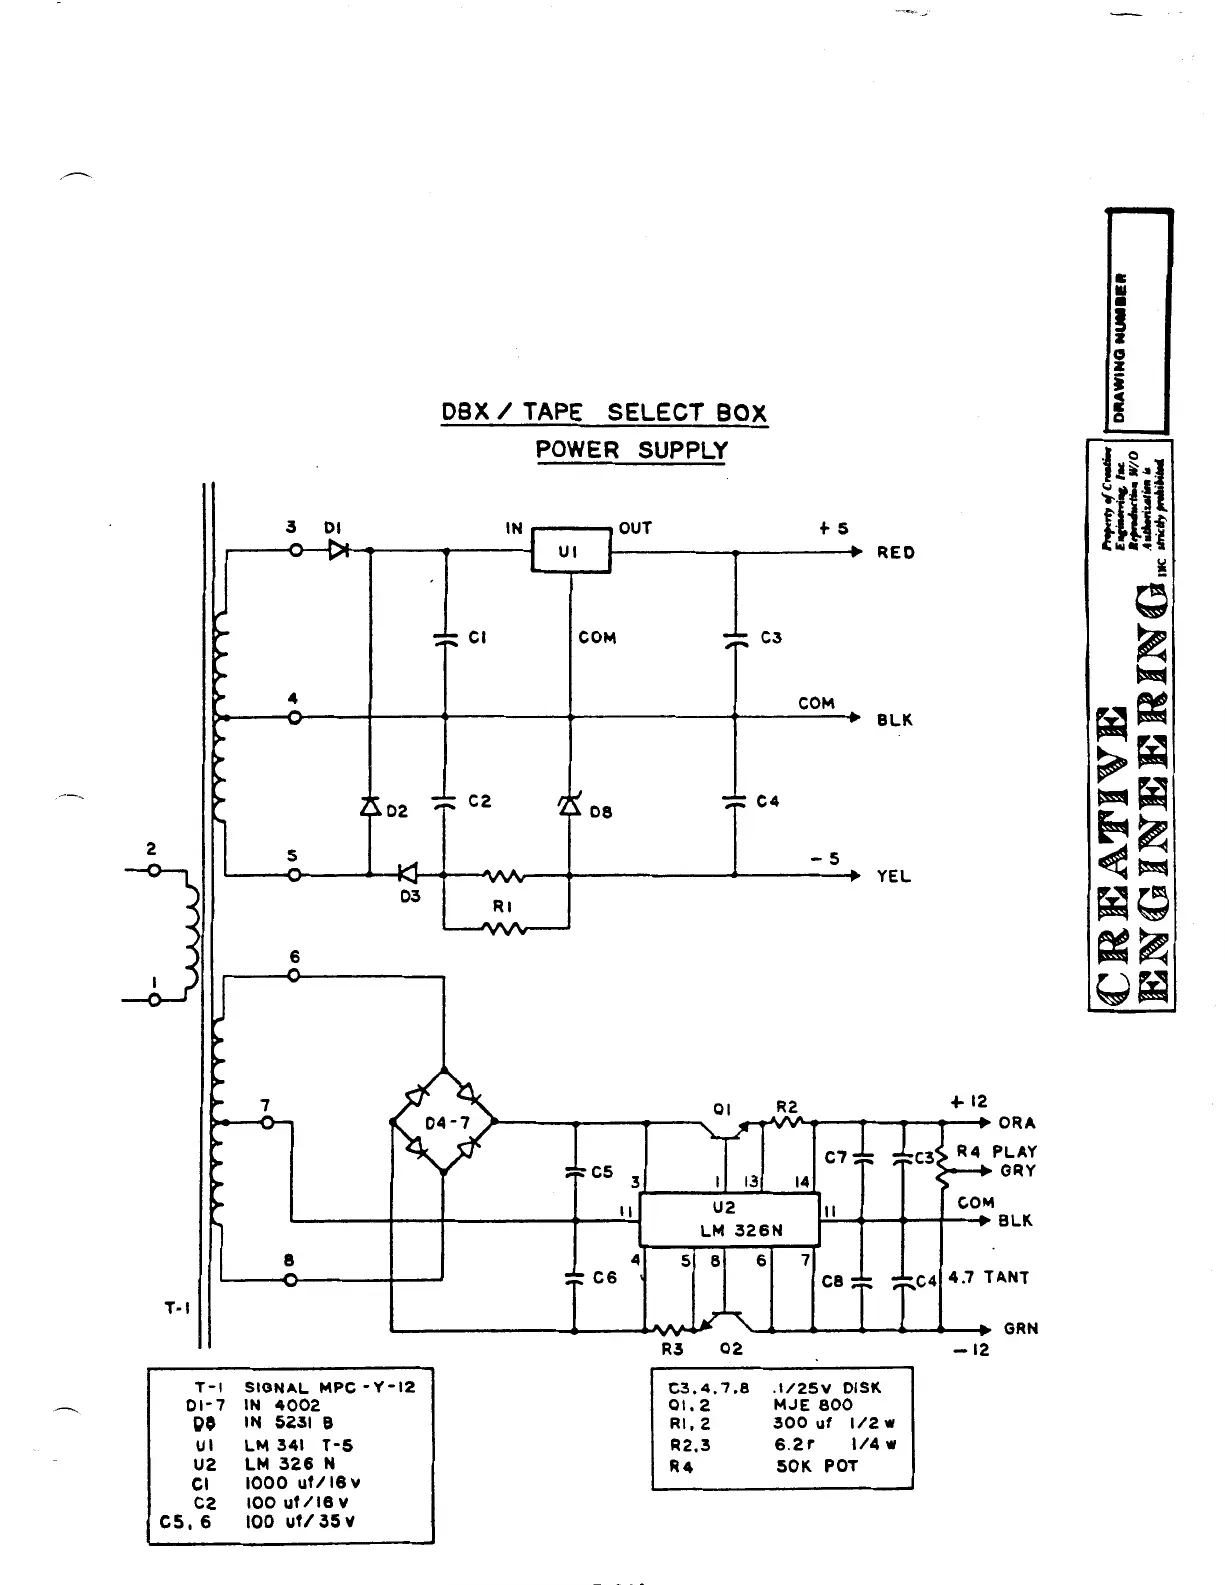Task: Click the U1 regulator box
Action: click(x=570, y=550)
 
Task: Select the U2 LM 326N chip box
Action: click(x=729, y=1220)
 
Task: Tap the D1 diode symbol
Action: click(x=338, y=550)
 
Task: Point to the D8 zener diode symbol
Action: click(x=570, y=804)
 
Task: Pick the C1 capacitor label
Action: click(x=478, y=638)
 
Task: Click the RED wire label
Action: click(x=895, y=553)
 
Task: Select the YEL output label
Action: click(x=893, y=877)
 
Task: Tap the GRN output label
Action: click(x=1021, y=1329)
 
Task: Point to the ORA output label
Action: click(x=1017, y=1123)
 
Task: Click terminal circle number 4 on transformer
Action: click(x=294, y=717)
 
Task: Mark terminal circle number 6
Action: click(x=294, y=976)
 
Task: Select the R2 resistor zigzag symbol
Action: click(x=786, y=1123)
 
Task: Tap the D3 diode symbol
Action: click(x=406, y=875)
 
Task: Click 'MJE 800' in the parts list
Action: click(x=812, y=1405)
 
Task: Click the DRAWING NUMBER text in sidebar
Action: click(x=1121, y=345)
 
